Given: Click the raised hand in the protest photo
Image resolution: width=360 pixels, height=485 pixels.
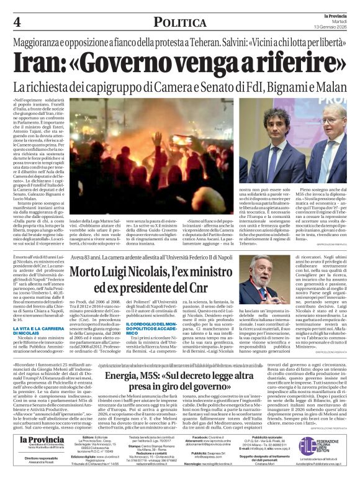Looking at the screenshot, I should [x=129, y=151].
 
